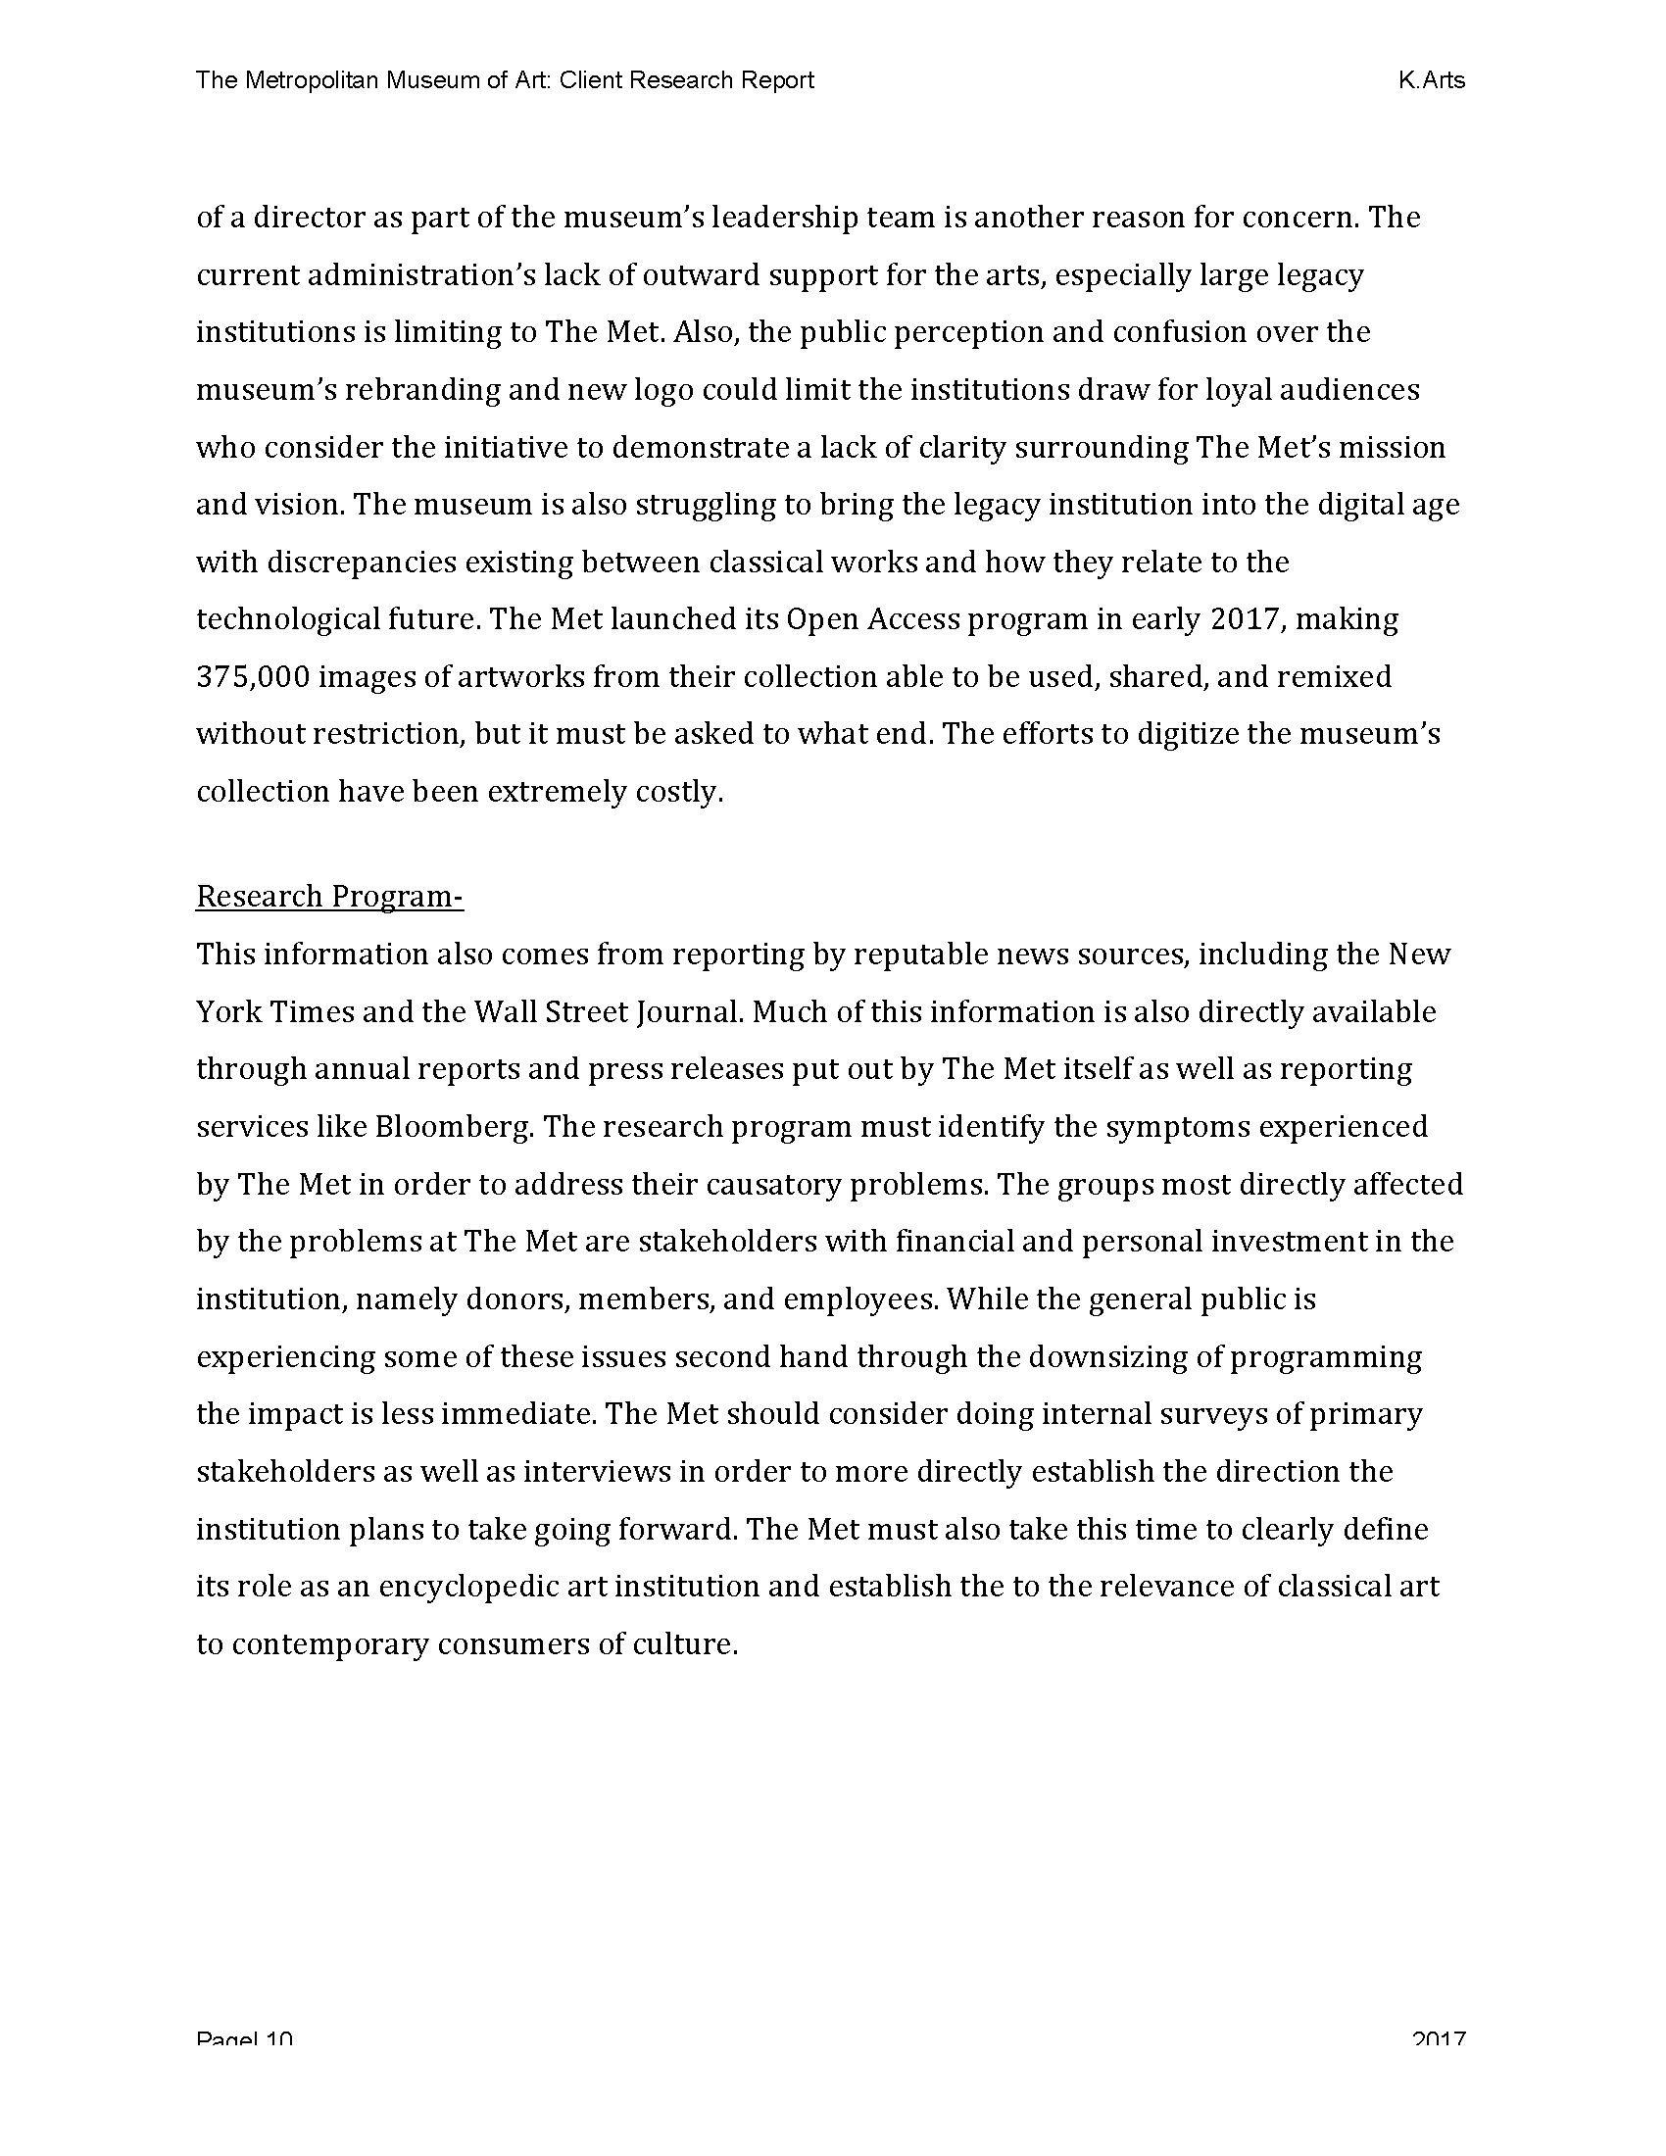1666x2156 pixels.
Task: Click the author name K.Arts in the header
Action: tap(1431, 80)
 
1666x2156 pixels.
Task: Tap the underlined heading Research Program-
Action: tap(329, 897)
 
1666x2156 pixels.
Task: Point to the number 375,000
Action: tap(254, 677)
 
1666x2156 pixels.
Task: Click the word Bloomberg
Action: tap(453, 1126)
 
